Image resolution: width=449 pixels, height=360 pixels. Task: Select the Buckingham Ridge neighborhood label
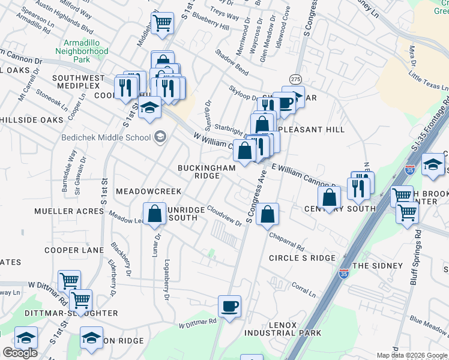206,172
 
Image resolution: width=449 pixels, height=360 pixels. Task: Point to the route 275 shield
295,79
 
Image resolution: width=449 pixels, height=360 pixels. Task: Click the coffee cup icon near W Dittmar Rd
229,307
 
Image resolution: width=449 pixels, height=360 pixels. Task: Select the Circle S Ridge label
302,257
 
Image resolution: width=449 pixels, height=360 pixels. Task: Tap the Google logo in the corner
20,353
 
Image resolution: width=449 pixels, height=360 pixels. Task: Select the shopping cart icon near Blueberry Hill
162,23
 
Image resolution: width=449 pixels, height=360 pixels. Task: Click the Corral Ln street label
304,290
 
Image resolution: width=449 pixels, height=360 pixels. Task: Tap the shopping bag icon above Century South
330,197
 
